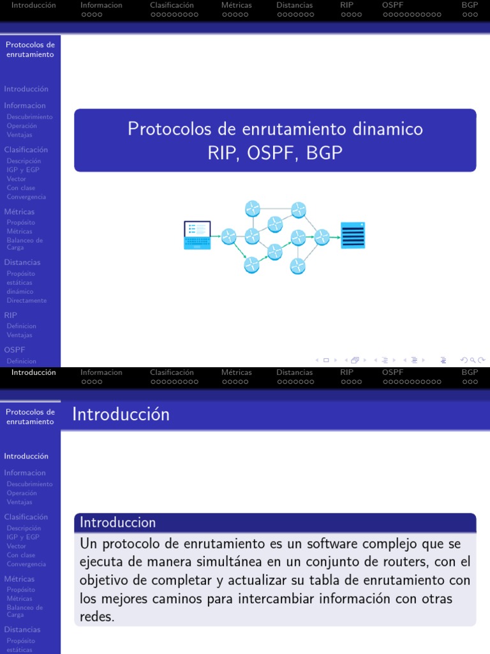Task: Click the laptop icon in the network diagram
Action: pos(197,234)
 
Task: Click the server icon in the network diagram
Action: pos(353,235)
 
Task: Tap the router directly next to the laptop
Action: pos(228,236)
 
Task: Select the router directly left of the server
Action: pos(322,236)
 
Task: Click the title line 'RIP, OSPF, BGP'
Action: pos(275,153)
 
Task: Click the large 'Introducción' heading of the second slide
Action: pos(121,414)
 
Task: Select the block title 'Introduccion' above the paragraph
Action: pos(117,522)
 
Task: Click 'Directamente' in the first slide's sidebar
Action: pos(27,300)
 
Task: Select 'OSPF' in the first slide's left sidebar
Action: pos(15,350)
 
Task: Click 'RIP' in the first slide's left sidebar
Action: pos(11,315)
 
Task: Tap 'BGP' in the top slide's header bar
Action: pos(470,5)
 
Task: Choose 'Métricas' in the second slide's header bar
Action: pos(236,372)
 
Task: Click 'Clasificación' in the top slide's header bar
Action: pos(172,5)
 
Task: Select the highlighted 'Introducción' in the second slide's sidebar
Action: pos(26,456)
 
